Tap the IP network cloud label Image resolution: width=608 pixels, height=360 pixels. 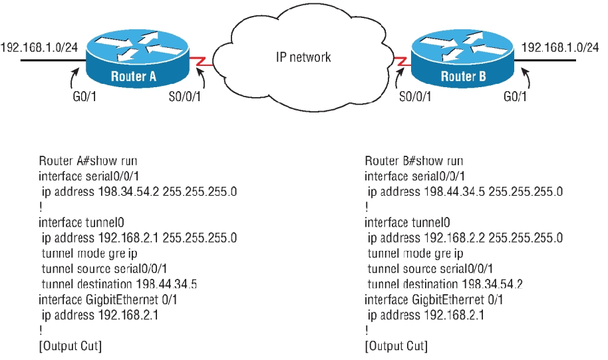(x=303, y=57)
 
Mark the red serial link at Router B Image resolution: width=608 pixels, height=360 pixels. (x=399, y=63)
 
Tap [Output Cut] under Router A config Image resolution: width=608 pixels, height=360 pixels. (x=70, y=345)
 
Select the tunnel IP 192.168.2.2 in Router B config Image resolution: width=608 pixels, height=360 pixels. (x=433, y=238)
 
